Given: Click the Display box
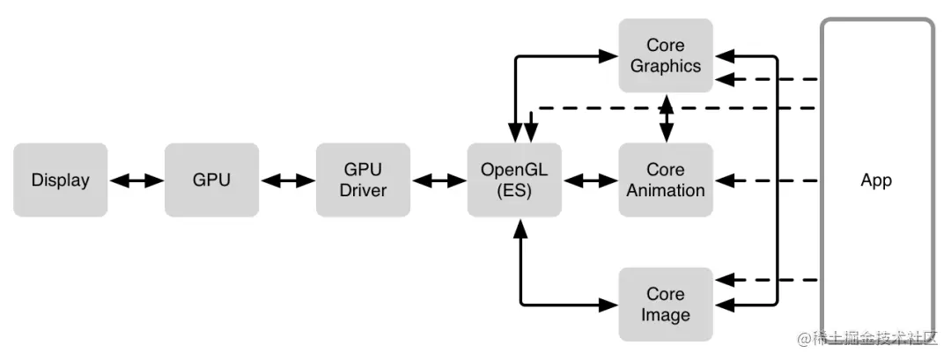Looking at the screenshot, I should point(60,180).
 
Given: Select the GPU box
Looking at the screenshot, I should point(211,180).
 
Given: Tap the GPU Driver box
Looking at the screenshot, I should point(363,180).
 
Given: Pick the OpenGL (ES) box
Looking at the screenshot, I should point(514,180).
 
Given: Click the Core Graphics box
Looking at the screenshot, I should point(666,55).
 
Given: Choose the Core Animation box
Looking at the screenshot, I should point(666,180).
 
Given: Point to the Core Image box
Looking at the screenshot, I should point(666,305).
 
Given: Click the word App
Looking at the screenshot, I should point(876,180).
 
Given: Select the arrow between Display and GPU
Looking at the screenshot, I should point(136,180).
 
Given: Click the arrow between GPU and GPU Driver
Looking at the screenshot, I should point(287,180).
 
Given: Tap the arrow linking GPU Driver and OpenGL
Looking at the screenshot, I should point(439,180).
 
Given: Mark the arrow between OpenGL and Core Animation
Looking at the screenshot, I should point(590,180).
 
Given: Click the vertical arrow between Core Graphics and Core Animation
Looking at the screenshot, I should point(667,118).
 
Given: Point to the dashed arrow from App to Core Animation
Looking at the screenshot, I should point(766,180).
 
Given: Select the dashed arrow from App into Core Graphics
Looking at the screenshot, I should point(766,80).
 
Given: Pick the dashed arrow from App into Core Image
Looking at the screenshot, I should point(766,281).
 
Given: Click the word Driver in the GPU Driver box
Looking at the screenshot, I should point(363,190).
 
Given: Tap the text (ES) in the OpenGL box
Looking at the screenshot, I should point(514,190).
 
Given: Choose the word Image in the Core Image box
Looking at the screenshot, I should point(666,315).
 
